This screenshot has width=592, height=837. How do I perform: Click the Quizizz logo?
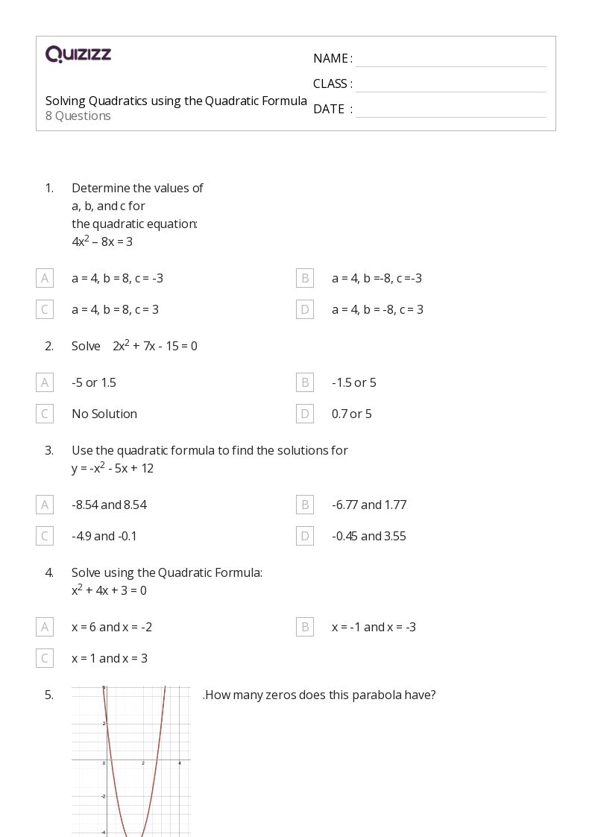78,54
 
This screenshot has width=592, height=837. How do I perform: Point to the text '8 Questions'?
78,116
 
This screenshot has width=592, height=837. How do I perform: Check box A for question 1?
45,278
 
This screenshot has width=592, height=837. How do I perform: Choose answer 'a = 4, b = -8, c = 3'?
377,309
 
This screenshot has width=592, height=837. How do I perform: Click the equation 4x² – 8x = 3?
102,241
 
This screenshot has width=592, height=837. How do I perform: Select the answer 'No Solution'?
104,414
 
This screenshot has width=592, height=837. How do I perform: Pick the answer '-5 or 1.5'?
94,382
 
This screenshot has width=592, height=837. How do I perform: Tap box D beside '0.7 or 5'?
305,414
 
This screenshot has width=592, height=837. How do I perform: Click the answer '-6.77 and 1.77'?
369,505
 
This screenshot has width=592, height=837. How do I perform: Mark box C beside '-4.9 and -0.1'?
45,536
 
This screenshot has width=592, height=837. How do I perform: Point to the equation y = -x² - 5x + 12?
113,468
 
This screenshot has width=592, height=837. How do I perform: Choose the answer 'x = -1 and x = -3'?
374,627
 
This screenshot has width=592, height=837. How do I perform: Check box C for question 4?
45,658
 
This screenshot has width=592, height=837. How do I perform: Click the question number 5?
49,695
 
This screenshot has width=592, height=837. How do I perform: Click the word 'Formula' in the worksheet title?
284,101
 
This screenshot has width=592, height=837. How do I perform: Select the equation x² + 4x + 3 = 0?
109,590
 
